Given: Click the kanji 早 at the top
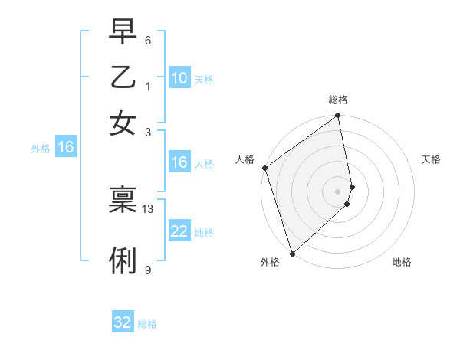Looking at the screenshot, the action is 123,31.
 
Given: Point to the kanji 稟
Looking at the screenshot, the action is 123,200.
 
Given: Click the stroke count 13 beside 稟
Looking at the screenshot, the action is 148,208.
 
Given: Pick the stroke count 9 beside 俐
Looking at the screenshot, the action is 147,270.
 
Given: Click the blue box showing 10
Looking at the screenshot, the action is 179,78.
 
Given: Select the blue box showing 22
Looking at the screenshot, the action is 179,231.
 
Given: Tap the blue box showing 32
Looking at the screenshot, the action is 123,322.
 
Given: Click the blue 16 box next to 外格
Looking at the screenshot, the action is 66,147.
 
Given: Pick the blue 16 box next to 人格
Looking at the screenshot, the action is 179,162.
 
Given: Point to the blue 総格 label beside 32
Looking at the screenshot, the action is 147,324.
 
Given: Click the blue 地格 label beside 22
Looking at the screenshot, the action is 204,232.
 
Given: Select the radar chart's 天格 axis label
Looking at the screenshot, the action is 431,159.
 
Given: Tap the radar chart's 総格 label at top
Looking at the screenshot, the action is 338,100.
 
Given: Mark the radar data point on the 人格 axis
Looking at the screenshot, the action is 264,168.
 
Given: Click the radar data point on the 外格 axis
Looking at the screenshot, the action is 292,253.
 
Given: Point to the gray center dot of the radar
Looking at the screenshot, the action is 338,191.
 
